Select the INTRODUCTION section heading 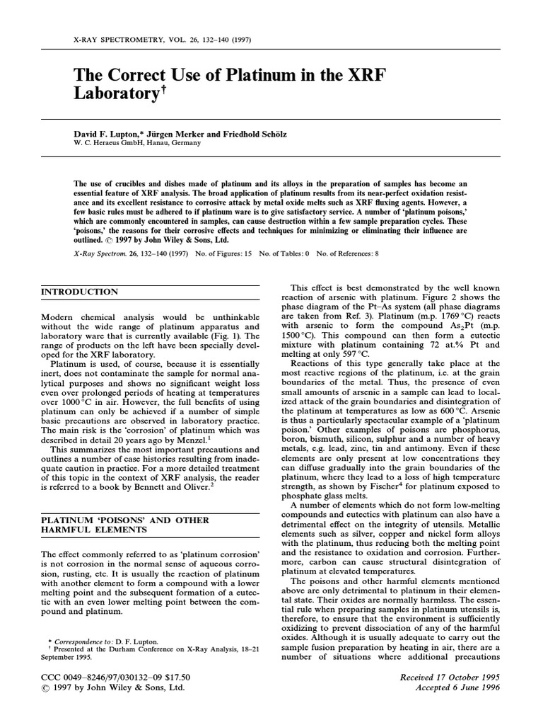[x=79, y=292]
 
